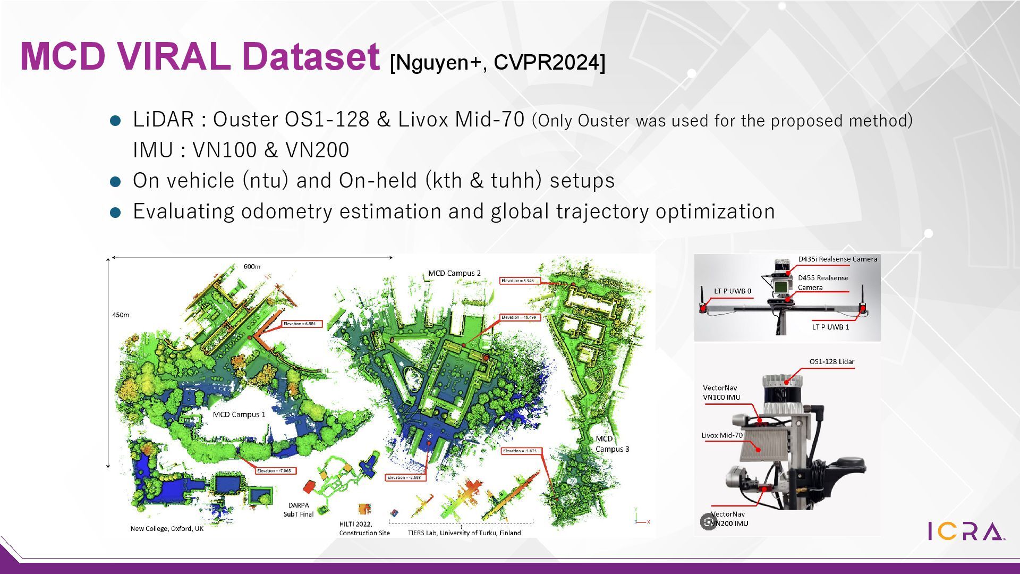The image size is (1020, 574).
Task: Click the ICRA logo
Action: pos(966,531)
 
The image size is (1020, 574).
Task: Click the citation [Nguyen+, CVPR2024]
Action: pos(497,63)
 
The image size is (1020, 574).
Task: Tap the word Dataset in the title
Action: pos(311,56)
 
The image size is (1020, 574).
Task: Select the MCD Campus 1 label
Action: pos(239,415)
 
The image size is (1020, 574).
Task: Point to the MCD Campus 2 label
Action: pos(454,273)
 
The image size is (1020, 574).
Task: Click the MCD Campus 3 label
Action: pos(611,444)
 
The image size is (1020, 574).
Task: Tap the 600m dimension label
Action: pos(252,266)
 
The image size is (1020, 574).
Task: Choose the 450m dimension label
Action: pos(121,315)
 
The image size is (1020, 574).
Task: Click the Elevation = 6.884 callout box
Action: pos(301,324)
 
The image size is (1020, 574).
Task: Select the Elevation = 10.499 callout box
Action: pos(520,317)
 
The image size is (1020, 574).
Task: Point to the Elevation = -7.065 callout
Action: pos(274,471)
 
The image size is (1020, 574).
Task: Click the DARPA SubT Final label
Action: pos(299,510)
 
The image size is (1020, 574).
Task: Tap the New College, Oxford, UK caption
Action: pos(167,529)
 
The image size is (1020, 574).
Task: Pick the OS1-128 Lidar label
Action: pos(831,362)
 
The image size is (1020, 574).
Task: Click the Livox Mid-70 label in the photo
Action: pos(722,435)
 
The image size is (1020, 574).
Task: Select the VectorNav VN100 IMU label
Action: pos(721,392)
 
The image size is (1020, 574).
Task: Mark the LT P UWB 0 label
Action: pos(733,291)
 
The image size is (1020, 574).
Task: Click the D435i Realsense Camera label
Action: pos(837,259)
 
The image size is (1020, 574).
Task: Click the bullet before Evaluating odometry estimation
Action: pos(115,213)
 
